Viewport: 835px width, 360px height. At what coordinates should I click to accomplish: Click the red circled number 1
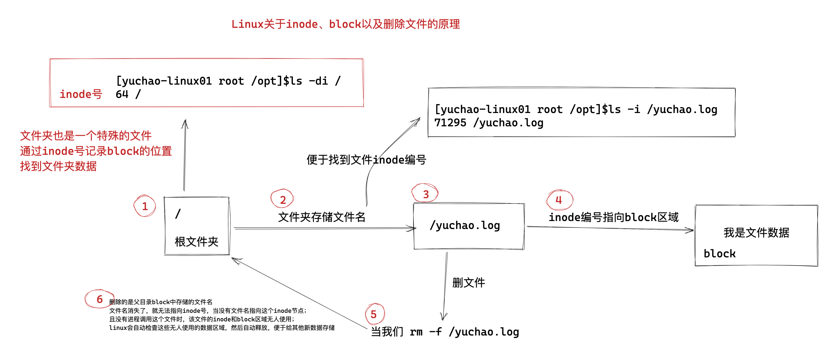[x=145, y=206]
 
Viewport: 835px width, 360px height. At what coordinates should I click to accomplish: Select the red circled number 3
[x=426, y=194]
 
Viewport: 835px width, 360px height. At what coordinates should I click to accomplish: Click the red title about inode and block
[x=346, y=24]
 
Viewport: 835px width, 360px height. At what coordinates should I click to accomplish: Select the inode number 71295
[x=450, y=123]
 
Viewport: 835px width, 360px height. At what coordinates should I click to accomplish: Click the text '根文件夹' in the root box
[x=197, y=242]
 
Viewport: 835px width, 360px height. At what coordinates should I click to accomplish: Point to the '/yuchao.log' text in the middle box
[x=464, y=225]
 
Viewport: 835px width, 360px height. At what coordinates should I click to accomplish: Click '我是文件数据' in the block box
[x=756, y=233]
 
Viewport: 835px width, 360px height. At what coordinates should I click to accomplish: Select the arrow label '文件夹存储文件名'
[x=322, y=217]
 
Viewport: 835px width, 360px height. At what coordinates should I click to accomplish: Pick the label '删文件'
[x=468, y=283]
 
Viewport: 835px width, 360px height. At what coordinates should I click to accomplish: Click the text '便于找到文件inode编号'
[x=366, y=159]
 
